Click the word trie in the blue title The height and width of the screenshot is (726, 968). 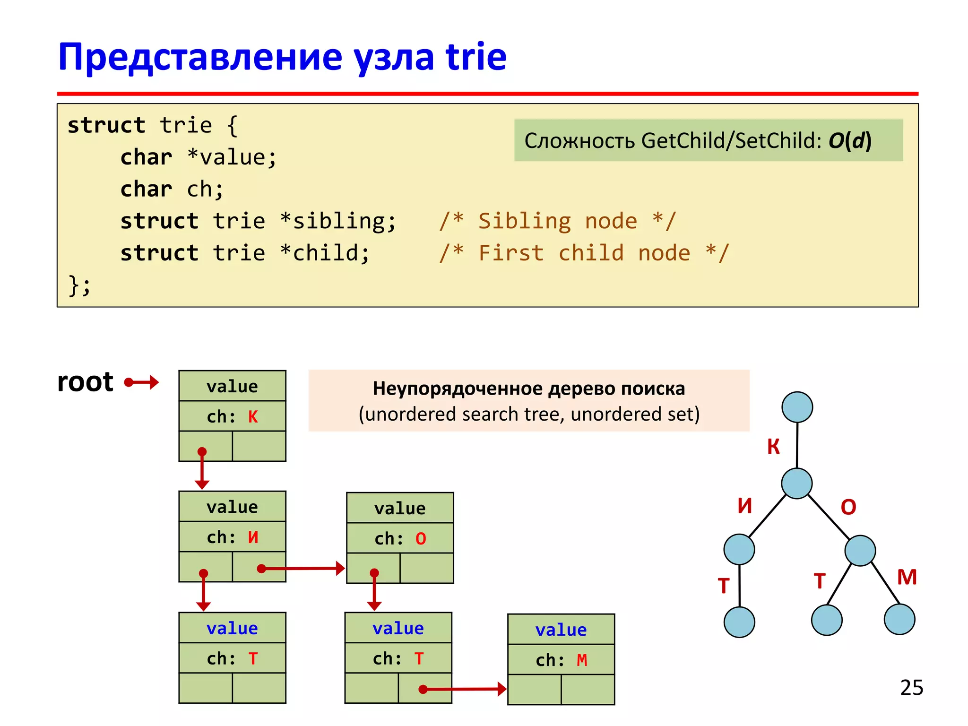(x=475, y=57)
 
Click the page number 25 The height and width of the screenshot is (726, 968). (x=911, y=687)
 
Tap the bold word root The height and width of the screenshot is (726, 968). (x=85, y=382)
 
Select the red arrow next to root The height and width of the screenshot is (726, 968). (x=142, y=382)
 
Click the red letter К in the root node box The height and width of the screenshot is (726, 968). (x=253, y=417)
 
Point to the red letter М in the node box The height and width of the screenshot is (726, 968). (x=582, y=660)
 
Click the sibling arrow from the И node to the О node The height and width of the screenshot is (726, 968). (x=302, y=568)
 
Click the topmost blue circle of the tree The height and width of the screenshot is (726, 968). (x=797, y=407)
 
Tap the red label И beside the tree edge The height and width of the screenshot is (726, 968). (x=745, y=506)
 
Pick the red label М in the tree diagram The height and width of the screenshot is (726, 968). (x=907, y=577)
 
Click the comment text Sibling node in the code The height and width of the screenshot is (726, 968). (x=558, y=221)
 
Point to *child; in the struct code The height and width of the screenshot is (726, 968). (x=325, y=253)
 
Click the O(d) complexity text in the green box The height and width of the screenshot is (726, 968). (x=849, y=140)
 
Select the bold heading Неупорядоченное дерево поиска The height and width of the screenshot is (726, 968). (x=528, y=389)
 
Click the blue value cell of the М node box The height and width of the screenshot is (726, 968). (x=561, y=630)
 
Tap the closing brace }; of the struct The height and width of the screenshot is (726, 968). (x=79, y=285)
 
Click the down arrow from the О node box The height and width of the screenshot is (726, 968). (x=374, y=591)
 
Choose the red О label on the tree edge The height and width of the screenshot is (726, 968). (x=848, y=507)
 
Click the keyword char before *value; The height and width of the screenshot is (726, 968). (x=146, y=157)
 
